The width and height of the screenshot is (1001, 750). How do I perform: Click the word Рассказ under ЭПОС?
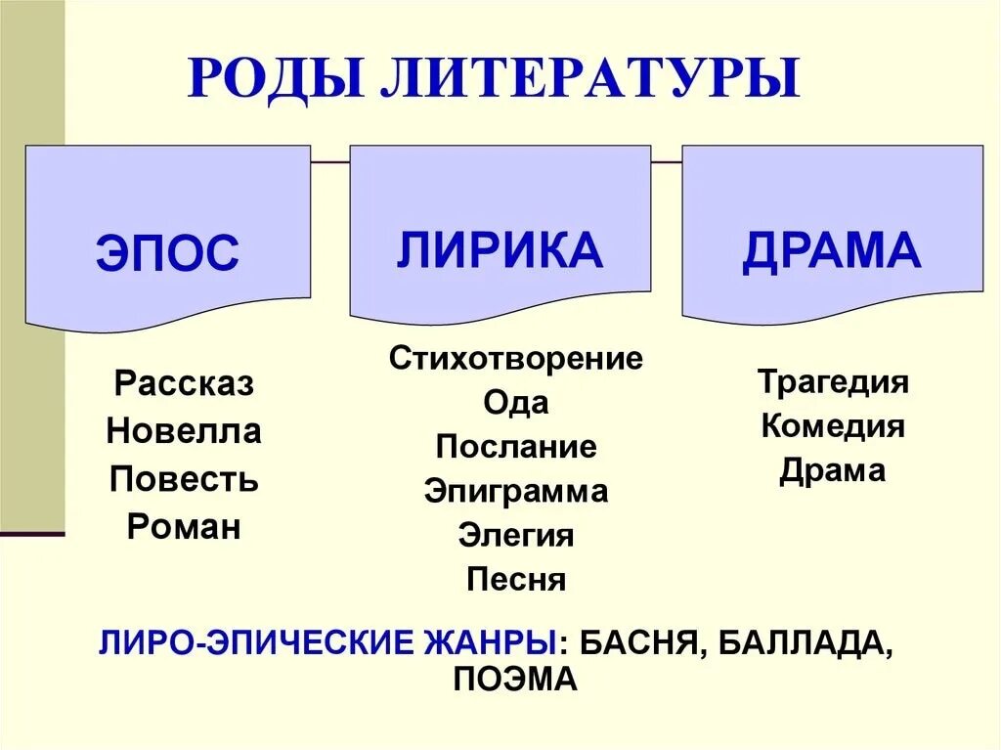tap(184, 383)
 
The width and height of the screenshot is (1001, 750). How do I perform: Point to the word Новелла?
tap(184, 431)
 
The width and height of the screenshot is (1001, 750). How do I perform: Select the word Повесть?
tap(184, 479)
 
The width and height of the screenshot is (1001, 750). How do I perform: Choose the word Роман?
tap(184, 527)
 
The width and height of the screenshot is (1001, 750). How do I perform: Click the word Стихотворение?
tap(516, 358)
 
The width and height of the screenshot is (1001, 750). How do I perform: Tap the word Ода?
tap(516, 402)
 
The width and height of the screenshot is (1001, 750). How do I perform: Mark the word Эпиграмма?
tap(516, 491)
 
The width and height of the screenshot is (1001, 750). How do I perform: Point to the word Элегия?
tap(516, 535)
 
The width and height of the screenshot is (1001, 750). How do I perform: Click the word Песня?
tap(516, 580)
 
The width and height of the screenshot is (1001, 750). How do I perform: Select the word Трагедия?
tap(833, 381)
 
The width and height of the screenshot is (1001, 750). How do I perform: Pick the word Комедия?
tap(833, 426)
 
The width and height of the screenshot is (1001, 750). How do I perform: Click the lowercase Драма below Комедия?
tap(833, 471)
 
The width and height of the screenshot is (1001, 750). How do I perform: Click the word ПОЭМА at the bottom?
tap(516, 680)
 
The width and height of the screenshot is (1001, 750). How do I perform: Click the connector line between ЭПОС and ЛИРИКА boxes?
tap(330, 159)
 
